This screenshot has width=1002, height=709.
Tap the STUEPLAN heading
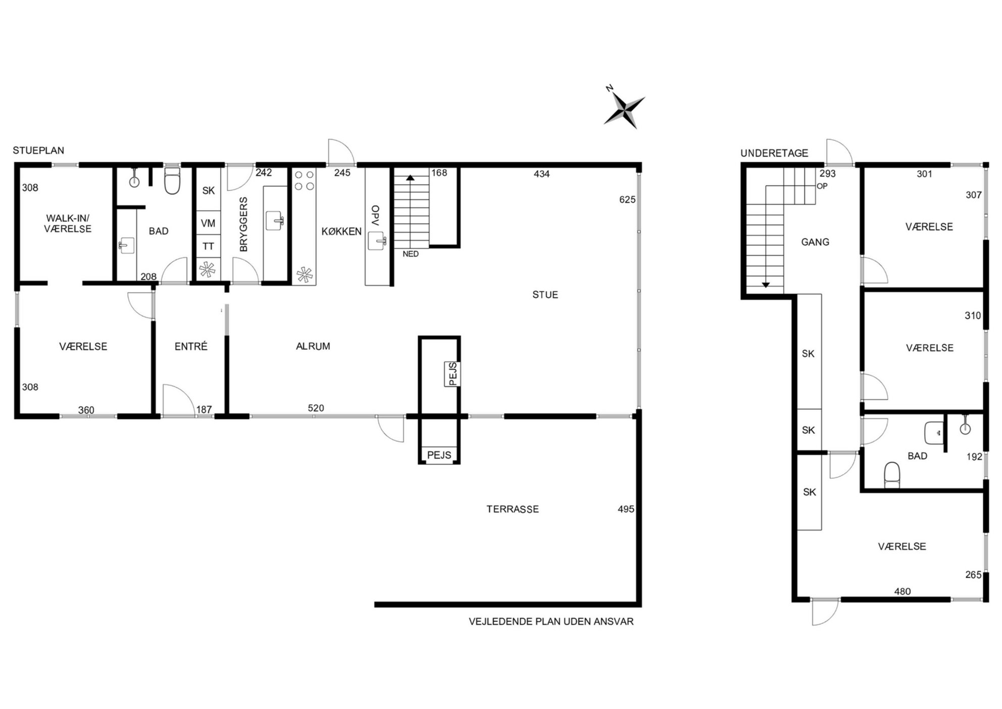pos(38,151)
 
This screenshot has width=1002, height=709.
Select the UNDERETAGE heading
pos(774,153)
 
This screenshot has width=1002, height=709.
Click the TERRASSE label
pos(513,509)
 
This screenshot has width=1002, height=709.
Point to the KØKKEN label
pos(341,231)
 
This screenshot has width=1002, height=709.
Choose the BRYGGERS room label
pos(244,224)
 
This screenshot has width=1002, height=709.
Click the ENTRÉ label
pos(191,346)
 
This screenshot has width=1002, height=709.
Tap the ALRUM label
pos(313,346)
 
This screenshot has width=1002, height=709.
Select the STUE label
pos(545,295)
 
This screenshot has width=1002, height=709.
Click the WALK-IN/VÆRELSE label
pos(68,223)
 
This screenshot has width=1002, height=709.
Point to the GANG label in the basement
pos(815,242)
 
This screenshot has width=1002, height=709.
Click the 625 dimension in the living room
pos(627,200)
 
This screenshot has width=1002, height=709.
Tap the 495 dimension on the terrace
pos(626,509)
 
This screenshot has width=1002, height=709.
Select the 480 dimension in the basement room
pos(903,591)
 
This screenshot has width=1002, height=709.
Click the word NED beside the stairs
pos(411,254)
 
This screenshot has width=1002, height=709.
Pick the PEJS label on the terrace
pos(439,455)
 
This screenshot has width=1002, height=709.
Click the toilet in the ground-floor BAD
pos(172,181)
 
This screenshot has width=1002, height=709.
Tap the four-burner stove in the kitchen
pos(304,180)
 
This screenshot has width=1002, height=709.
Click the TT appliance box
pos(208,246)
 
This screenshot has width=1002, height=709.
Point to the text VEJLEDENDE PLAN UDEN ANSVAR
pos(551,622)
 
